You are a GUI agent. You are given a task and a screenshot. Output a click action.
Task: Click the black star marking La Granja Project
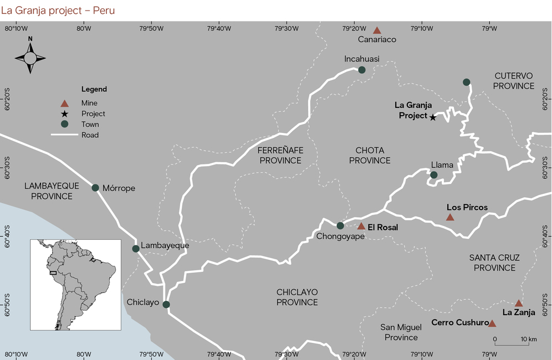[433, 117]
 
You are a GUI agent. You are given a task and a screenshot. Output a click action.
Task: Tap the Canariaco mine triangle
[377, 31]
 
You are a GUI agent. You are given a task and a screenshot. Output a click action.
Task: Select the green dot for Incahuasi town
[362, 70]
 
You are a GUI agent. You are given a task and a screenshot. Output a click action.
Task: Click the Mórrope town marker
[95, 188]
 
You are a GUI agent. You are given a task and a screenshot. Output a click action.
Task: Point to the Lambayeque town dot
[136, 249]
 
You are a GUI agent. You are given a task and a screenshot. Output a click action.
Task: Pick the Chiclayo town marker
[166, 304]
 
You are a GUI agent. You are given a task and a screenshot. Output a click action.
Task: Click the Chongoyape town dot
[340, 225]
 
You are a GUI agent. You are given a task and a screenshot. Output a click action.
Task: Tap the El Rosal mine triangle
[361, 226]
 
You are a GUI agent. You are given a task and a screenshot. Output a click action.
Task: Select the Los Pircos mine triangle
[450, 217]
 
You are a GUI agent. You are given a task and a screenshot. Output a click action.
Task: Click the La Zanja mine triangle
[519, 303]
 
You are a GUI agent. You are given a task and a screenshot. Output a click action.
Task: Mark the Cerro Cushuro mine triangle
[492, 323]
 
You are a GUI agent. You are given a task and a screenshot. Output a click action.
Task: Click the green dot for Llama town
[434, 175]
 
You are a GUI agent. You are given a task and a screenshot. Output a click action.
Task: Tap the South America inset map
[75, 277]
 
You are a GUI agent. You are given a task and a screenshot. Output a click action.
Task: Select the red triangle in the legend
[65, 103]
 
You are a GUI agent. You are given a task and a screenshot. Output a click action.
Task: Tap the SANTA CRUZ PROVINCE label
[492, 263]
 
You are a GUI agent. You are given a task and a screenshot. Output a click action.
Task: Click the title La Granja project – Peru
[58, 10]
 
